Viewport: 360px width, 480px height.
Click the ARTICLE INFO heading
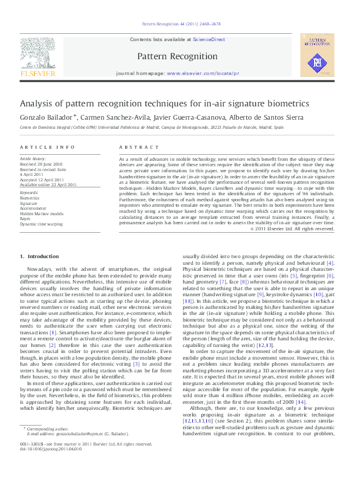pyautogui.click(x=39, y=148)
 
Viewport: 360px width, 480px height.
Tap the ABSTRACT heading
pyautogui.click(x=134, y=148)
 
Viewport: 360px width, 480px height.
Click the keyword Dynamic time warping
pyautogui.click(x=41, y=224)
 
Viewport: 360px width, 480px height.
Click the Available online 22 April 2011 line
pyautogui.click(x=48, y=184)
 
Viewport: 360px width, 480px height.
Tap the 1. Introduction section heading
pyautogui.click(x=39, y=257)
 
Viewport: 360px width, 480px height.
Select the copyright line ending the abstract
pyautogui.click(x=292, y=229)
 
